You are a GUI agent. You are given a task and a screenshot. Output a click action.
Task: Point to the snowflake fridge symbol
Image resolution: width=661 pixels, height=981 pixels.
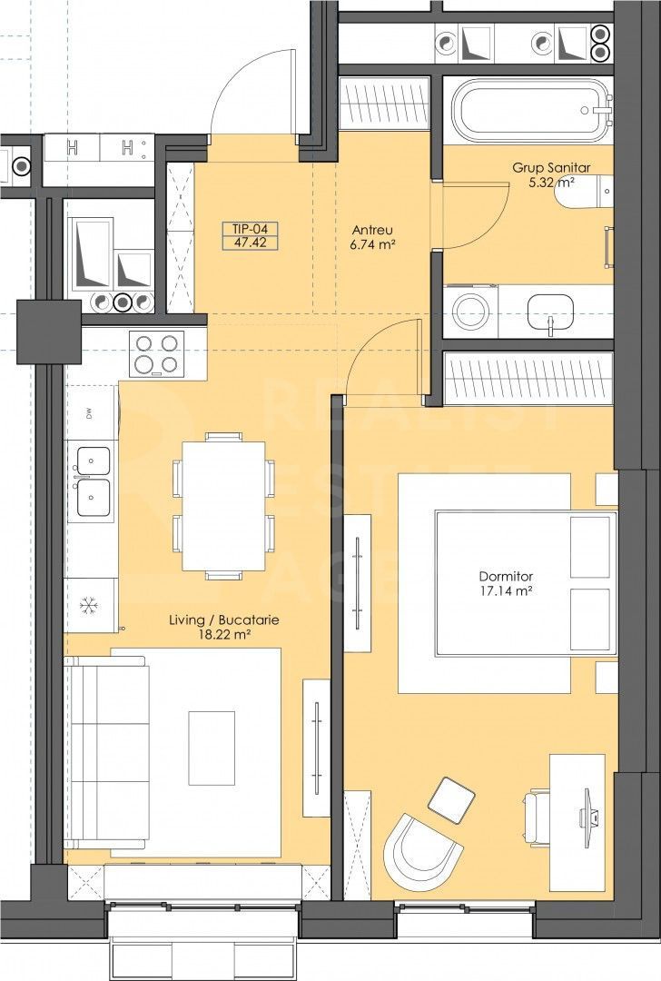(x=89, y=604)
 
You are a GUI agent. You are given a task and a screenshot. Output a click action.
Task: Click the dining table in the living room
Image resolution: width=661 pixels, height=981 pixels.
(x=223, y=507)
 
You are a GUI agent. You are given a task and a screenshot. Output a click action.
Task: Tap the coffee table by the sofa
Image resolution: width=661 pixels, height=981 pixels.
(x=212, y=748)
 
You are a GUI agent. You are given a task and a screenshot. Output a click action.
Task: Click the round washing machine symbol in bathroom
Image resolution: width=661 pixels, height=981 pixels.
(x=472, y=310)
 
